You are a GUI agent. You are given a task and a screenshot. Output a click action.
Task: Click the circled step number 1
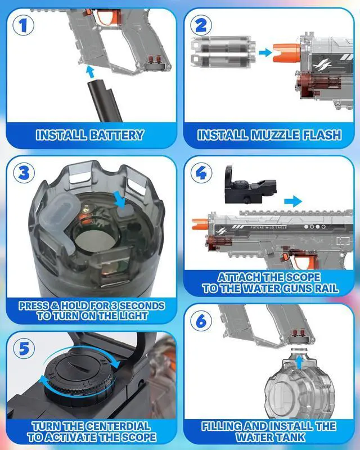pyautogui.click(x=23, y=25)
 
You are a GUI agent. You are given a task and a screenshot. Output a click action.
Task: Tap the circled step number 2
pyautogui.click(x=201, y=25)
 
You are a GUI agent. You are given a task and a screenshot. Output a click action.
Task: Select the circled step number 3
pyautogui.click(x=24, y=173)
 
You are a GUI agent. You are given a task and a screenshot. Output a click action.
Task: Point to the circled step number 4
pyautogui.click(x=201, y=173)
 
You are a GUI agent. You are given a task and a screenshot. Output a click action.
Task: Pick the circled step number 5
pyautogui.click(x=24, y=349)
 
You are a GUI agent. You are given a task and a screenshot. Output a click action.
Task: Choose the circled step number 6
pyautogui.click(x=201, y=321)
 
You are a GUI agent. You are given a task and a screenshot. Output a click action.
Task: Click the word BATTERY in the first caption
pyautogui.click(x=116, y=135)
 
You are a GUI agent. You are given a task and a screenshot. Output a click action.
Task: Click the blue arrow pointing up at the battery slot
pyautogui.click(x=91, y=71)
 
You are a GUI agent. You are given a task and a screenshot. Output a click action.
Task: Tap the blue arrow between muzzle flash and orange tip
pyautogui.click(x=265, y=52)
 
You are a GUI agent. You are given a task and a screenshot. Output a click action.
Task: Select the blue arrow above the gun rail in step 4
pyautogui.click(x=293, y=201)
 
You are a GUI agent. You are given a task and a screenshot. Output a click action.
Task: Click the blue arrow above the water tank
pyautogui.click(x=299, y=362)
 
